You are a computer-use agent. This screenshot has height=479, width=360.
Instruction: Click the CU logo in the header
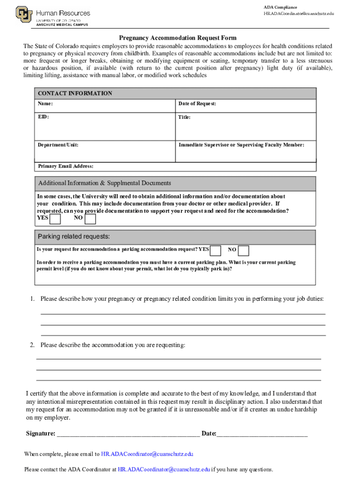pos(24,15)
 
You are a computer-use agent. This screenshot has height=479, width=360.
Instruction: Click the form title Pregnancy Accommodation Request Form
pos(177,38)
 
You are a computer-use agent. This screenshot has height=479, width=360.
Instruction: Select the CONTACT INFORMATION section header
pos(75,93)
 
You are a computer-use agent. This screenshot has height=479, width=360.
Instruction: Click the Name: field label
pos(45,103)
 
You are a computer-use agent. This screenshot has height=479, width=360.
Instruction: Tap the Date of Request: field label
pos(197,103)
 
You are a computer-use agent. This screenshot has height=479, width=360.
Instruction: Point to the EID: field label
pos(43,117)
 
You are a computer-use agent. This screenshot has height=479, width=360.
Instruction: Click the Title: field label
pos(184,117)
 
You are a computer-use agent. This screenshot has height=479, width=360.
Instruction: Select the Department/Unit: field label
pos(58,145)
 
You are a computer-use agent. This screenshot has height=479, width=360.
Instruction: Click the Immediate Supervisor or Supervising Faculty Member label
pos(241,145)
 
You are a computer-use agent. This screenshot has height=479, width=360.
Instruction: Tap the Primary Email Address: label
pos(65,166)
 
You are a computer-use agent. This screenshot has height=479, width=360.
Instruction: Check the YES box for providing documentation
pos(55,218)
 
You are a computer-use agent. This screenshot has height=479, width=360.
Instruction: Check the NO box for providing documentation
pos(90,218)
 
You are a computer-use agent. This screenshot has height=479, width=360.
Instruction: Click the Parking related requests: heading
pos(74,236)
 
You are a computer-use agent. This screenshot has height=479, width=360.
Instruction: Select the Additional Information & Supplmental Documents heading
pos(104,183)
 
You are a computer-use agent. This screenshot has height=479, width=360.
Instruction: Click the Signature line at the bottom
pos(128,434)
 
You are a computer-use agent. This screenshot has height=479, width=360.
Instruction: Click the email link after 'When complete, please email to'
pos(147,454)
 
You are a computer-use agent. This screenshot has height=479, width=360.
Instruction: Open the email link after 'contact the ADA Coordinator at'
pos(164,470)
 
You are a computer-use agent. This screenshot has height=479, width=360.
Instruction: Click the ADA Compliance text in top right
pos(280,7)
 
